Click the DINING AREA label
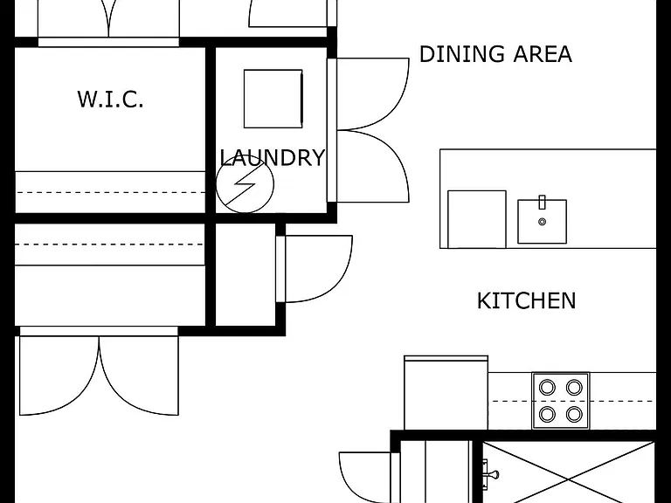tap(495, 54)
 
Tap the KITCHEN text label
tap(526, 300)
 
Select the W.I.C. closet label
tap(110, 99)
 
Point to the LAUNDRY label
tap(273, 157)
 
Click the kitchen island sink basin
tap(543, 222)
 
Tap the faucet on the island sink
tap(543, 203)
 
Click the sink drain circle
tap(543, 222)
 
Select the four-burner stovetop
tap(561, 401)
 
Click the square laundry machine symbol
tap(273, 99)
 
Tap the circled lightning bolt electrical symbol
tap(245, 184)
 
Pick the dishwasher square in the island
tap(477, 219)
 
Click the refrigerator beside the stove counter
tap(446, 393)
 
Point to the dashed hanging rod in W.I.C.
tap(110, 192)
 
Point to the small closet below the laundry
tap(246, 274)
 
